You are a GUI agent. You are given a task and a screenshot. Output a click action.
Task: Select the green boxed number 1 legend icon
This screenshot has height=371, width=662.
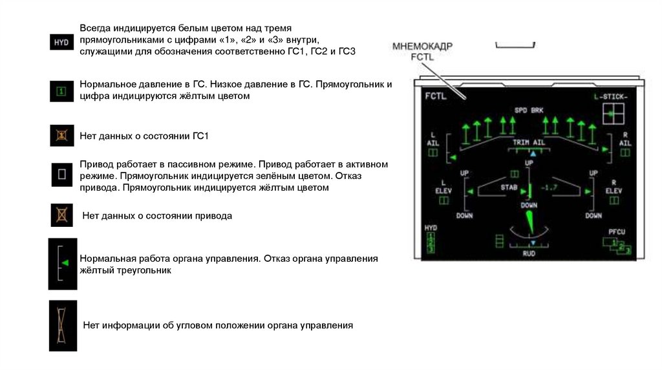click(61, 91)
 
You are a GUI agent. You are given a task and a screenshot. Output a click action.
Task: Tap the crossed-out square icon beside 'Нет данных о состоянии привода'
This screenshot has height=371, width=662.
click(62, 215)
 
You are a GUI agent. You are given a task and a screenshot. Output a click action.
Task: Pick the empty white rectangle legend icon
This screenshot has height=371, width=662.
click(62, 174)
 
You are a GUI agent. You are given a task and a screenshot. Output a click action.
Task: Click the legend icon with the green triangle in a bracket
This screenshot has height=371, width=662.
click(63, 263)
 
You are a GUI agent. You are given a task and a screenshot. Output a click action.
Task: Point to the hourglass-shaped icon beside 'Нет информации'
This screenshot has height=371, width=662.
click(62, 325)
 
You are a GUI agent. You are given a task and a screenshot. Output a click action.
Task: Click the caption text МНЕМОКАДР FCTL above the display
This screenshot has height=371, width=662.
click(422, 52)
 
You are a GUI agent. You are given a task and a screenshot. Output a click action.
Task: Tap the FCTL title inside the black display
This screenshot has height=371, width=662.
click(436, 96)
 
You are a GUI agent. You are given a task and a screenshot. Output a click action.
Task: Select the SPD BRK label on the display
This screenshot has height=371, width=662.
click(529, 110)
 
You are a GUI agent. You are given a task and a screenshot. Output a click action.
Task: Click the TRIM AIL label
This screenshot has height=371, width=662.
click(529, 142)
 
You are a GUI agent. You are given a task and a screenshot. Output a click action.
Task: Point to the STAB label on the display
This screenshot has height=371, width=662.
click(509, 187)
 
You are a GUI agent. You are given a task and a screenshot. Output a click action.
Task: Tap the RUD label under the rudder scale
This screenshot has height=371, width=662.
click(529, 254)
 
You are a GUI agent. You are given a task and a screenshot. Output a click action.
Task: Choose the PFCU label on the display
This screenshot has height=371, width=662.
click(617, 232)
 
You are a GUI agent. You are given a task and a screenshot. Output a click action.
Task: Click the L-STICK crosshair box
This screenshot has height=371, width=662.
click(610, 114)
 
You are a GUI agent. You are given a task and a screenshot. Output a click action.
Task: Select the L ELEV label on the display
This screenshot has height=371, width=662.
click(443, 187)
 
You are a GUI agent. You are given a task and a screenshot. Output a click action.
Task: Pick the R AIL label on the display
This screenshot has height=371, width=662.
click(625, 139)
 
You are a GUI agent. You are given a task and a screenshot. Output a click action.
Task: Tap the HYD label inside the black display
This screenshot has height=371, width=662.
click(431, 228)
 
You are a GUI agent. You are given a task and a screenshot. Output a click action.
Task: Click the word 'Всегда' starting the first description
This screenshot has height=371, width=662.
click(95, 29)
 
